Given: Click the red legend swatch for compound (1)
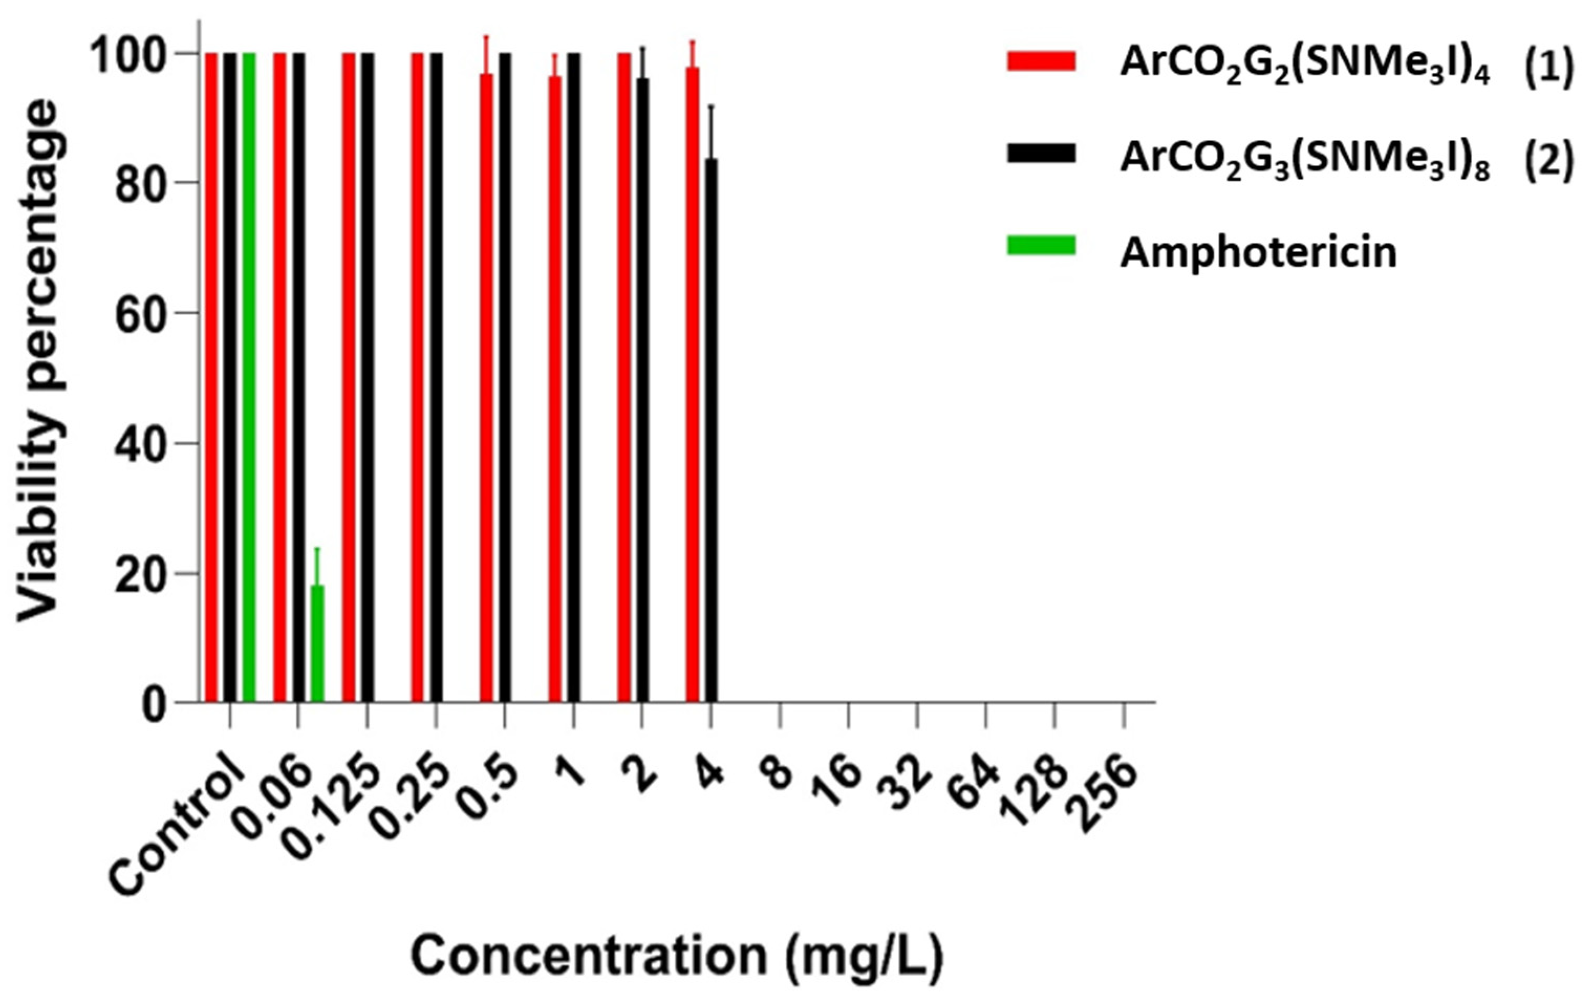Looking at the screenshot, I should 1041,61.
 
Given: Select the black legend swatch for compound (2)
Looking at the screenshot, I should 1041,154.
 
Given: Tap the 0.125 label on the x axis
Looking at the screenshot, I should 336,810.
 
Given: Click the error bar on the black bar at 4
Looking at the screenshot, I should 711,132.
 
